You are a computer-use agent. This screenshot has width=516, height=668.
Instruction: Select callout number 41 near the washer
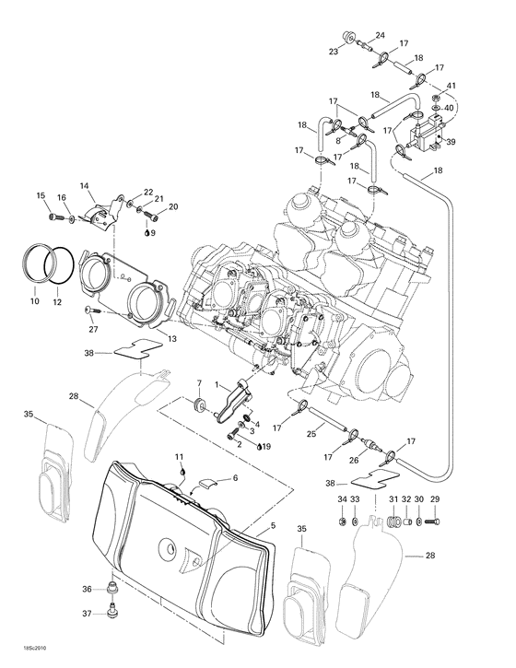click(451, 86)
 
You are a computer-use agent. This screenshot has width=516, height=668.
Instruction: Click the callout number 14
click(85, 186)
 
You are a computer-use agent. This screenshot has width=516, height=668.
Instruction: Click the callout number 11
click(181, 457)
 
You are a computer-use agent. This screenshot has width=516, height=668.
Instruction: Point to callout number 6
click(235, 478)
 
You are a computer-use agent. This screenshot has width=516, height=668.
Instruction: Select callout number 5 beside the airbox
click(272, 527)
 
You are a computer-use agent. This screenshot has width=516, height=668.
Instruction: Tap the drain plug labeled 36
click(114, 589)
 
